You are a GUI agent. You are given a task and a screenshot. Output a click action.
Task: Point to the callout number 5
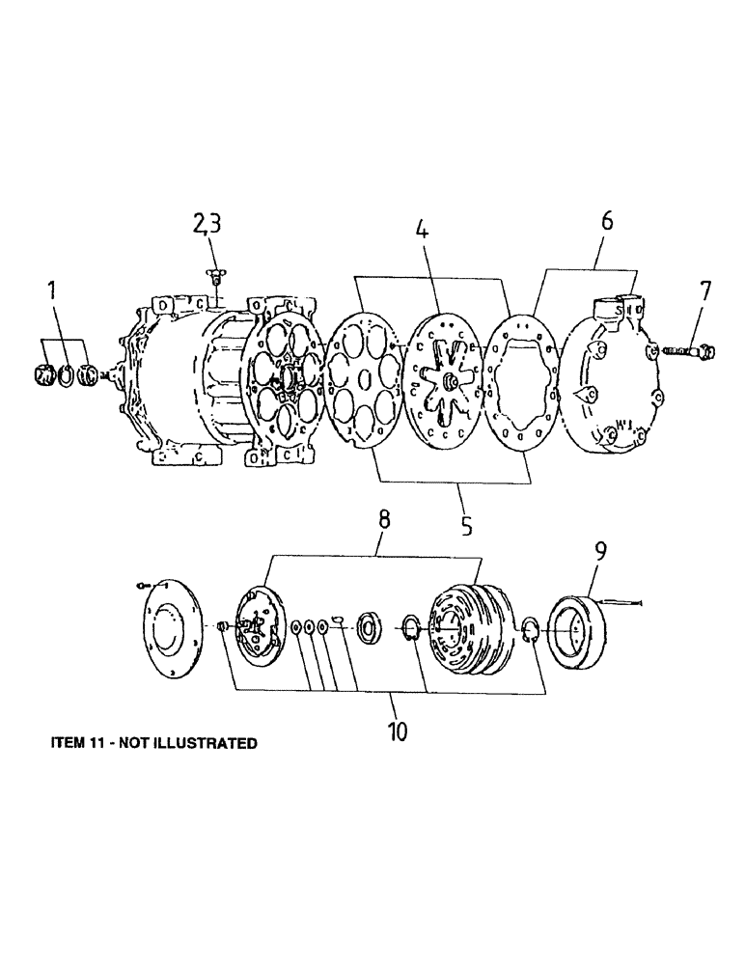pos(466,526)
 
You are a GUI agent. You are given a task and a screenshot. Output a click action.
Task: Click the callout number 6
pos(606,221)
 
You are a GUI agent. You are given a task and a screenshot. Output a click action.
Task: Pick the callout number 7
pos(705,290)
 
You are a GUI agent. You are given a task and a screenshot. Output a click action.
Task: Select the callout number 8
pos(383,519)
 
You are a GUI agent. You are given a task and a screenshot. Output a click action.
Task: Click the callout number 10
pos(397,731)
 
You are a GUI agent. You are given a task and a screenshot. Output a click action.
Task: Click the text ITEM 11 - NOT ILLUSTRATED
pos(153,743)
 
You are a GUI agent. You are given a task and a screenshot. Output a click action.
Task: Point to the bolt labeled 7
pos(686,350)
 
